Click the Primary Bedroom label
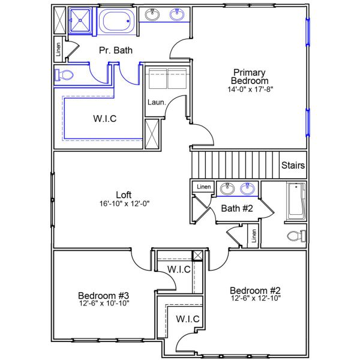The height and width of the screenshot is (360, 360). (x=250, y=77)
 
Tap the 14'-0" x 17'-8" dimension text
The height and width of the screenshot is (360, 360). (x=250, y=89)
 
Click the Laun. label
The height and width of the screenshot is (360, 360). (x=152, y=102)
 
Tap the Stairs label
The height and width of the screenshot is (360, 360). (x=293, y=166)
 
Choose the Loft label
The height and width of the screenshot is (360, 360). (x=124, y=194)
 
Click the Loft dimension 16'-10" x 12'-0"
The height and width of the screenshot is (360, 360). (x=124, y=203)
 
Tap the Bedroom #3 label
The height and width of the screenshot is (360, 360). (x=104, y=295)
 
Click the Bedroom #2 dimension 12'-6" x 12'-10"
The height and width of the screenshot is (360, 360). (x=256, y=298)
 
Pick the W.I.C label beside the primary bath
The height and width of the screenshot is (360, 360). (x=105, y=118)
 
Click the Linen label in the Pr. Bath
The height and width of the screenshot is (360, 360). (x=58, y=50)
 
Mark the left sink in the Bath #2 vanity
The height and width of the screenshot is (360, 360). (x=227, y=190)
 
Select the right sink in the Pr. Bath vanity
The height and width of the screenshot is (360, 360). (x=177, y=15)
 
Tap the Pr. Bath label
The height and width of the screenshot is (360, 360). (x=116, y=50)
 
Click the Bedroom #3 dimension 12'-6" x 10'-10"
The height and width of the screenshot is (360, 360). (x=104, y=303)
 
